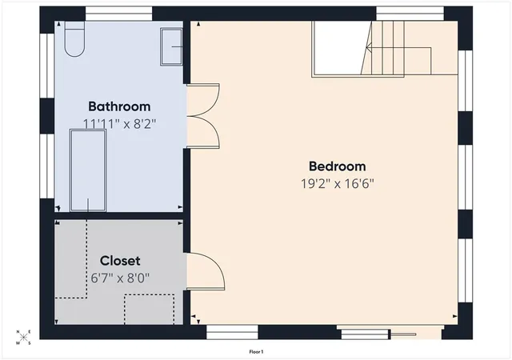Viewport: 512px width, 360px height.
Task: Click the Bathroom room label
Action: [x=119, y=106]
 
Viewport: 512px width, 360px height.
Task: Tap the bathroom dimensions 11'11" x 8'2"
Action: [x=119, y=124]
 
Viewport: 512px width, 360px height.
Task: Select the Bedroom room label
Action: [x=338, y=166]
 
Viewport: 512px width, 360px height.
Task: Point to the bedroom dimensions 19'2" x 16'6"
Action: [x=338, y=183]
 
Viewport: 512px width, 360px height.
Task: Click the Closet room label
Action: [x=120, y=261]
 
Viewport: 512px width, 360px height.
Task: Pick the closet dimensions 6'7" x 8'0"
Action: [x=120, y=278]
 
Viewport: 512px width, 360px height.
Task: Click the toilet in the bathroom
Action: [x=74, y=39]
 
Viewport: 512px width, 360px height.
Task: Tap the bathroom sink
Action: [x=171, y=46]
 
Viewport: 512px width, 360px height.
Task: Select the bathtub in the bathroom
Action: [x=88, y=170]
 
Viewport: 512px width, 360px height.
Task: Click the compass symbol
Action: [x=23, y=338]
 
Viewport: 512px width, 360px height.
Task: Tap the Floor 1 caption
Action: [x=256, y=352]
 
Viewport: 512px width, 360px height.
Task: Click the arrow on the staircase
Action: [x=399, y=48]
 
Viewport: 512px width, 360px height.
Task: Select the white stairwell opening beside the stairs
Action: [x=342, y=48]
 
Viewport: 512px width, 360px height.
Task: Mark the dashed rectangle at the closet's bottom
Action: [x=149, y=310]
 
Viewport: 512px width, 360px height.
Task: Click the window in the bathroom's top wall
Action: [x=119, y=14]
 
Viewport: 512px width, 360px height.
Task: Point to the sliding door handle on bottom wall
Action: [x=403, y=334]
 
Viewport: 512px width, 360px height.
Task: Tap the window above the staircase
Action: [x=410, y=14]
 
